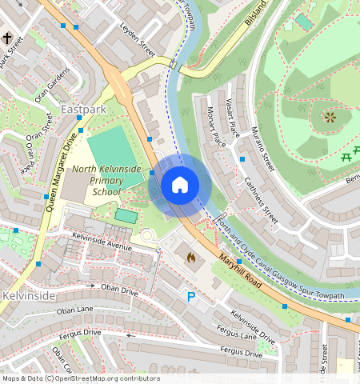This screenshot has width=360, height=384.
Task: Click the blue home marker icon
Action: coord(180,185)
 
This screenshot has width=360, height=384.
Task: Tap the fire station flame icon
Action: coord(190,258)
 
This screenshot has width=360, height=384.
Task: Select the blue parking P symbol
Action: coord(190,297)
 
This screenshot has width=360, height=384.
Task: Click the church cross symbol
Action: coord(7,38)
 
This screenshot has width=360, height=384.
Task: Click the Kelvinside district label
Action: coord(28,296)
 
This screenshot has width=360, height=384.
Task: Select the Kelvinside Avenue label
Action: coord(101,242)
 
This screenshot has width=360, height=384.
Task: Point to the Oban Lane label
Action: coord(76,310)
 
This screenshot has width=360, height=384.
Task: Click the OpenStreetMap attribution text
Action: coord(81,378)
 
